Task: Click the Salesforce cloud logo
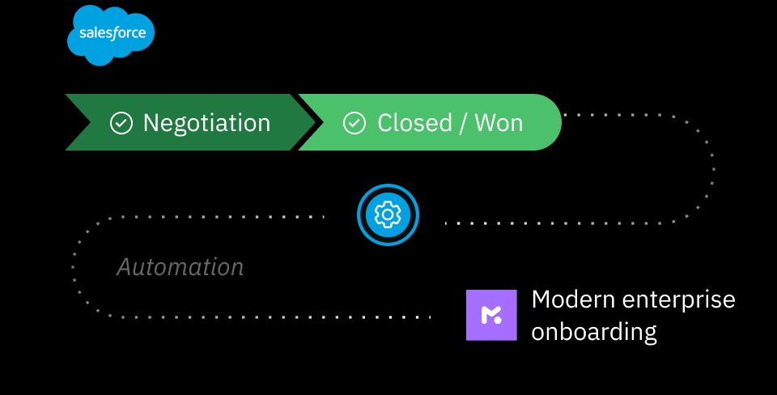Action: pos(109,34)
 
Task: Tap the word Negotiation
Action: pos(206,123)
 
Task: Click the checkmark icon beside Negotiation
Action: pos(121,123)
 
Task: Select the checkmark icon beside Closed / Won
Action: pos(355,123)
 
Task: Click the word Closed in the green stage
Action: pos(414,123)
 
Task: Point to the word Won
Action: pos(499,123)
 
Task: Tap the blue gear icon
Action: pos(388,214)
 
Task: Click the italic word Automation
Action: pos(180,267)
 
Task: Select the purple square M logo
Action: pos(491,315)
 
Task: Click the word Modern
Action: pos(571,299)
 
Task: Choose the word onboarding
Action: pos(593,332)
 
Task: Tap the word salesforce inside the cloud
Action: pos(112,33)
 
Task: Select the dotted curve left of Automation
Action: pos(74,267)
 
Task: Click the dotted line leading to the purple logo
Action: pos(324,316)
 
